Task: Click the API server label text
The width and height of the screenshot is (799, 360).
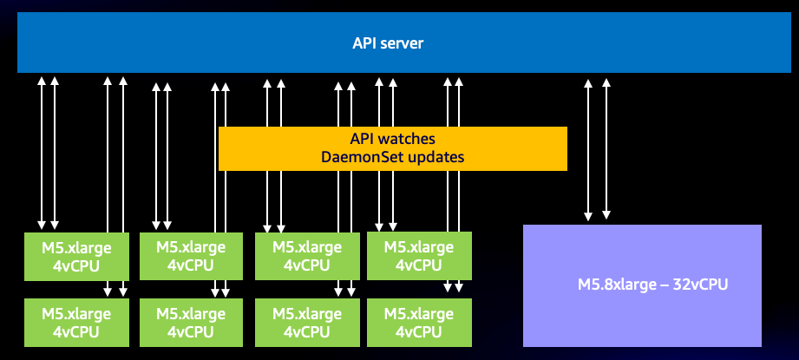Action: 388,43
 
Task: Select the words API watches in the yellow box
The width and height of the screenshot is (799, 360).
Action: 392,140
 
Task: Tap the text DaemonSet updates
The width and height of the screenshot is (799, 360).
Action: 392,158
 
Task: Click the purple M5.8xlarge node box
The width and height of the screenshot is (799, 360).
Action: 641,285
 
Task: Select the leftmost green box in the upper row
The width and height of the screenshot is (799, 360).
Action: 76,256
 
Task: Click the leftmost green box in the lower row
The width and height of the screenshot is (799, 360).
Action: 76,322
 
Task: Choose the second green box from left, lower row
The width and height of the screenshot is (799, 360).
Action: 191,322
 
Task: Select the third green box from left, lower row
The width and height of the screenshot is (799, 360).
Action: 307,322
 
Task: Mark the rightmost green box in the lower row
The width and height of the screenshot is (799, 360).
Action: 419,322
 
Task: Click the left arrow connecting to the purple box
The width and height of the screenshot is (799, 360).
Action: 588,147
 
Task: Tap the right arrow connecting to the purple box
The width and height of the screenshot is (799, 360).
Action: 606,147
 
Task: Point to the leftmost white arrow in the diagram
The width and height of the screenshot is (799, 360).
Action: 42,152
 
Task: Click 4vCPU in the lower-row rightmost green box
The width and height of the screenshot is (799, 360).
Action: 419,331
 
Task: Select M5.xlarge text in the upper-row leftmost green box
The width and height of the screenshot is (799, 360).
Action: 76,247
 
